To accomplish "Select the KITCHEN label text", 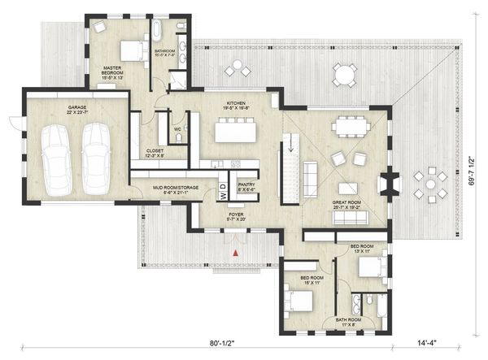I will point(236,106).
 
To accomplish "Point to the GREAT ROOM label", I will point(347,204).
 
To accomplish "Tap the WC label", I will point(176,128).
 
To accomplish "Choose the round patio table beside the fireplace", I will point(428,184).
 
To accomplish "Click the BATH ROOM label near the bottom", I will point(349,320).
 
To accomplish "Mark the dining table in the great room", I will point(351,125).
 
